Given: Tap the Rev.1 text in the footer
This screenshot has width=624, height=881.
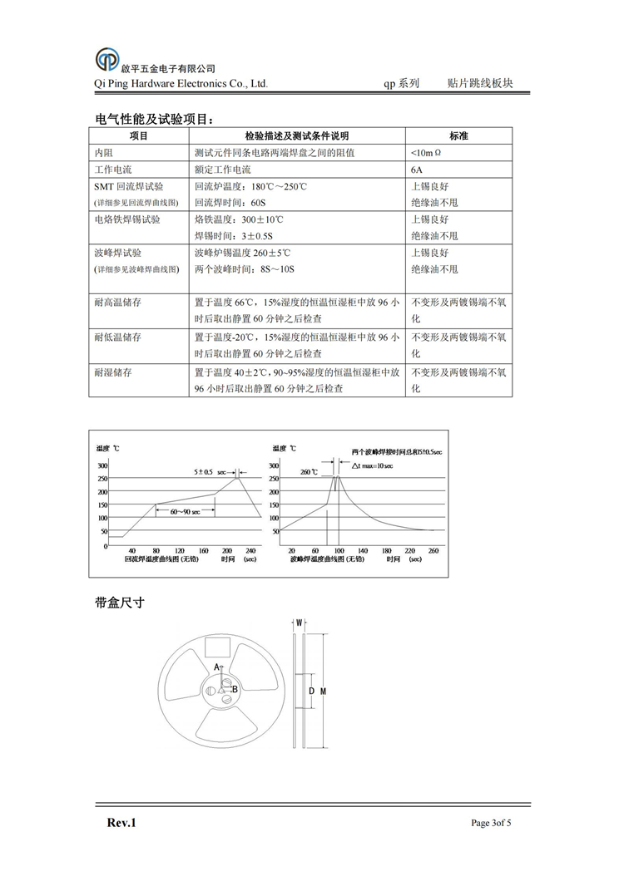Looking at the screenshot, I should coord(121,823).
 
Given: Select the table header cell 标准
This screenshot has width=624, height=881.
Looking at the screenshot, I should coord(458,136).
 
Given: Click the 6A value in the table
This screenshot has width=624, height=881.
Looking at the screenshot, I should coord(417,170).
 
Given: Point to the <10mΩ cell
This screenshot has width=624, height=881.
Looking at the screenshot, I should coord(426,153).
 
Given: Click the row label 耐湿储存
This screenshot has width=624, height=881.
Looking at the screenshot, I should coord(117,373).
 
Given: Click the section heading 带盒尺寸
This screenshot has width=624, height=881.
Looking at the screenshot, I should coord(121,603).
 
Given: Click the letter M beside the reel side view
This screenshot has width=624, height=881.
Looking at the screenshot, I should coord(324,692).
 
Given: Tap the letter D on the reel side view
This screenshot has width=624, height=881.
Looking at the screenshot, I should coord(310,692).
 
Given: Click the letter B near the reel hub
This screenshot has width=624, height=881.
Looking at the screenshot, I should coord(235,688).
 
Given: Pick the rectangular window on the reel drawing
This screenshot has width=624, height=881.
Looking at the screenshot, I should coord(218,646).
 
